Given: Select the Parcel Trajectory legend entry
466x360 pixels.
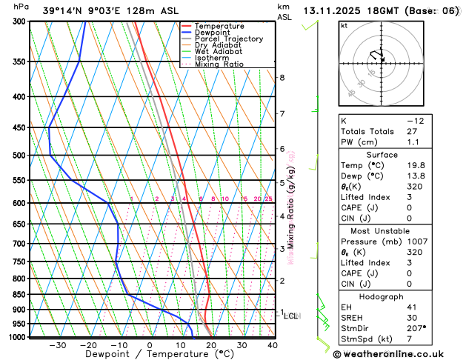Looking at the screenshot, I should pos(228,39).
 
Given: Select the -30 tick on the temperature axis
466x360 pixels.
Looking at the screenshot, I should pos(58,345).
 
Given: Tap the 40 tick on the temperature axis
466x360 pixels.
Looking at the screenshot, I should pos(273,345).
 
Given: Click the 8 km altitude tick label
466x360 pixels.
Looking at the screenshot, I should pos(282,78).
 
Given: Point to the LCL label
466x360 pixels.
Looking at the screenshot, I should pos(291,316).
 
